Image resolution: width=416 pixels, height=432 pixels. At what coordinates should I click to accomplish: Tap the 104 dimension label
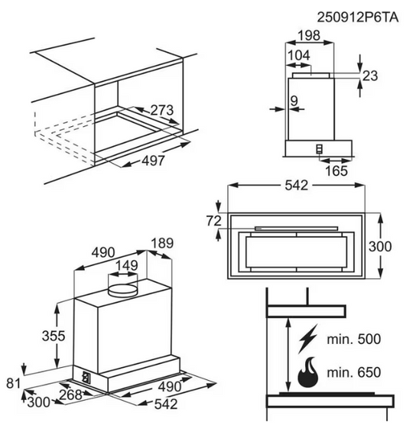click(x=298, y=56)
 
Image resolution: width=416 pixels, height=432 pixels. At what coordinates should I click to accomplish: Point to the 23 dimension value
click(x=370, y=75)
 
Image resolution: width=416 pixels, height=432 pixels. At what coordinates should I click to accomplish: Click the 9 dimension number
click(x=294, y=99)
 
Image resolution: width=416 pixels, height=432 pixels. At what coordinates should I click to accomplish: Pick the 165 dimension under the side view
click(x=335, y=171)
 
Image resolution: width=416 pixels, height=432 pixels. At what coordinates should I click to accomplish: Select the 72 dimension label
click(x=213, y=221)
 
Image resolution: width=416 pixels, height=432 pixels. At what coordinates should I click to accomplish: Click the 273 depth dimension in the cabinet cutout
click(x=161, y=111)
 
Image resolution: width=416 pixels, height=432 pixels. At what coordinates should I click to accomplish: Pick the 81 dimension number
click(x=9, y=383)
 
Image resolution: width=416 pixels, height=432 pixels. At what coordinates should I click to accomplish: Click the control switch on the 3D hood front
click(x=86, y=376)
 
